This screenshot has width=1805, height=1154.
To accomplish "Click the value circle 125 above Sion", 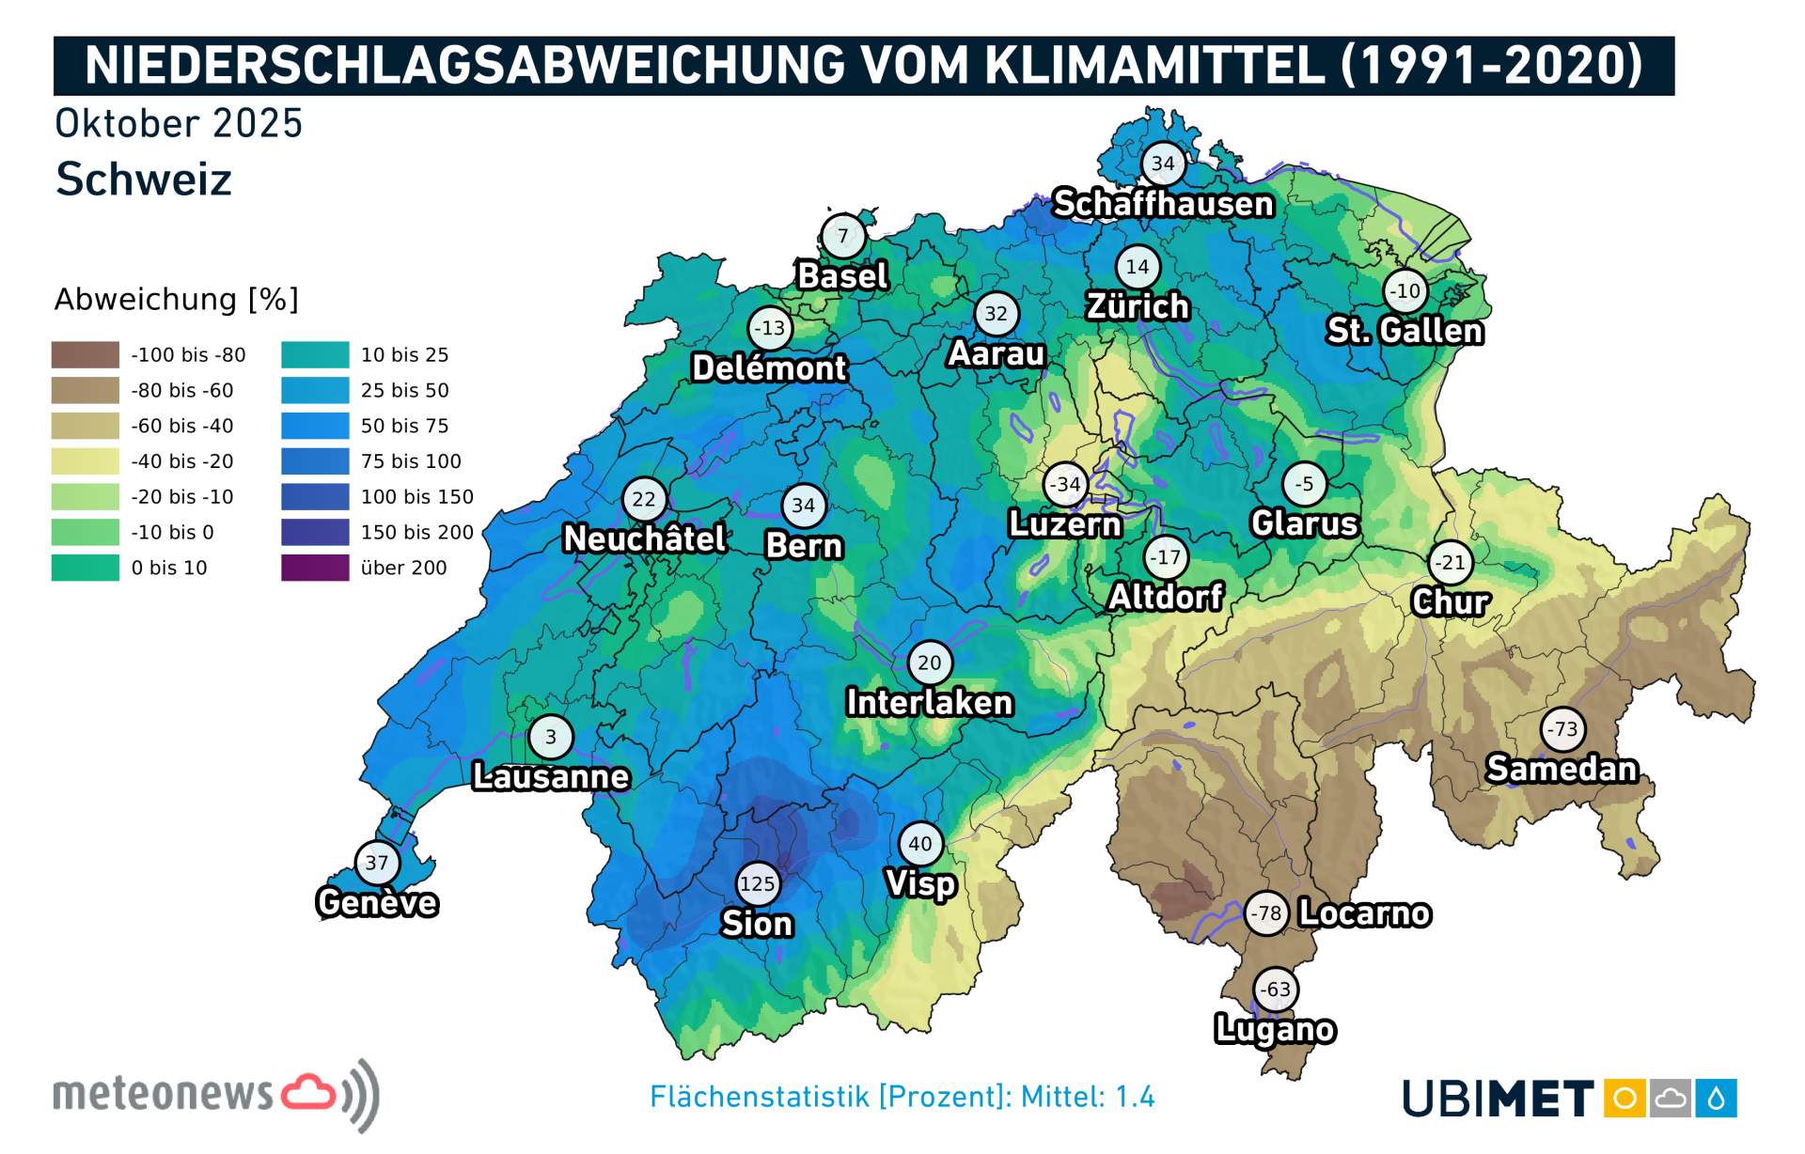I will coord(757,883).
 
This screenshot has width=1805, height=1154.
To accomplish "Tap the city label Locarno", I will coord(1364,912).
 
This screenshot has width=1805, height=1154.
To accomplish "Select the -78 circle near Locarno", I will coord(1266,912).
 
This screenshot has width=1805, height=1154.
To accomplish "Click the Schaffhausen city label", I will coord(1163,203).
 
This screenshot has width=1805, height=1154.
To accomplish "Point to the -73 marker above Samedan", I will coord(1562,728).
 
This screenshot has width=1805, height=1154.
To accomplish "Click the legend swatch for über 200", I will coord(315,568).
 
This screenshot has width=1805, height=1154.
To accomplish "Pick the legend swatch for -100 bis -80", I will coord(86,354).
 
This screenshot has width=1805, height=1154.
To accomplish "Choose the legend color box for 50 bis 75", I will coord(315,426).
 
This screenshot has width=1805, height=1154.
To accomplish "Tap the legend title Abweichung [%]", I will coord(176,299).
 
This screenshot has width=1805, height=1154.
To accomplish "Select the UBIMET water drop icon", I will coord(1717,1098).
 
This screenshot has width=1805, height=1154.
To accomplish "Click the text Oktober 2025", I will coord(179,123).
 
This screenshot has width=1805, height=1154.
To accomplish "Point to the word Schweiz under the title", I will coord(143,179).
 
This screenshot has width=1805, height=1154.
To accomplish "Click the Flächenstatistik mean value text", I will coord(902,1097).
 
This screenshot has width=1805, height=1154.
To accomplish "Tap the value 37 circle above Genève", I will coord(377,862).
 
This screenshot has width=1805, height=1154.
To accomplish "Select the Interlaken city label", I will coord(929,702).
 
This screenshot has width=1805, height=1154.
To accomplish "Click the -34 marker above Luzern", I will coord(1065,484).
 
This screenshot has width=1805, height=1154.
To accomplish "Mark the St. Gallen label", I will coord(1405,330).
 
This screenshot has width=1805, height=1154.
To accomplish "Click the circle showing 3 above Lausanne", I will coord(551,737).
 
